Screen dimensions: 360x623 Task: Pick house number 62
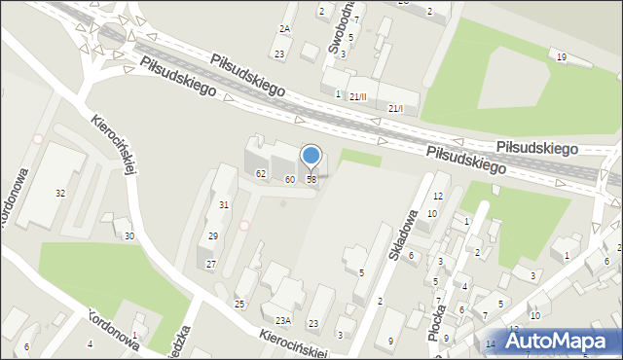pos(261,173)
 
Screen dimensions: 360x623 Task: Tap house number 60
pos(289,179)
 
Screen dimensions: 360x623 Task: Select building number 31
pos(223,204)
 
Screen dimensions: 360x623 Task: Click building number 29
pos(212,236)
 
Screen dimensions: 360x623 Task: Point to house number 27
pos(210,265)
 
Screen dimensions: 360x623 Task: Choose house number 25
pos(239,305)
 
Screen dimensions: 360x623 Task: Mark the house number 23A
pos(282,320)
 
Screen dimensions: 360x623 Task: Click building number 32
pos(60,193)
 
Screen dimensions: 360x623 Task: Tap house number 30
pos(129,236)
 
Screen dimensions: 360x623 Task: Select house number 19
pos(562,57)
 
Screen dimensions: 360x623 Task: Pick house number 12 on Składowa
pos(438,197)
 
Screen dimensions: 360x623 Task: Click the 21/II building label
pos(358,96)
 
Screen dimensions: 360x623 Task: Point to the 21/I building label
pos(395,108)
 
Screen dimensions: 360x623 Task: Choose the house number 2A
pos(284,29)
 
